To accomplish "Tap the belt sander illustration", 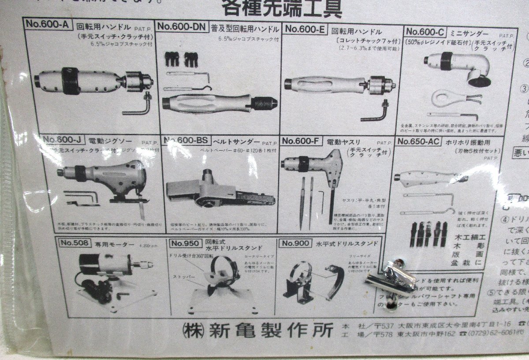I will [207, 189].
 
